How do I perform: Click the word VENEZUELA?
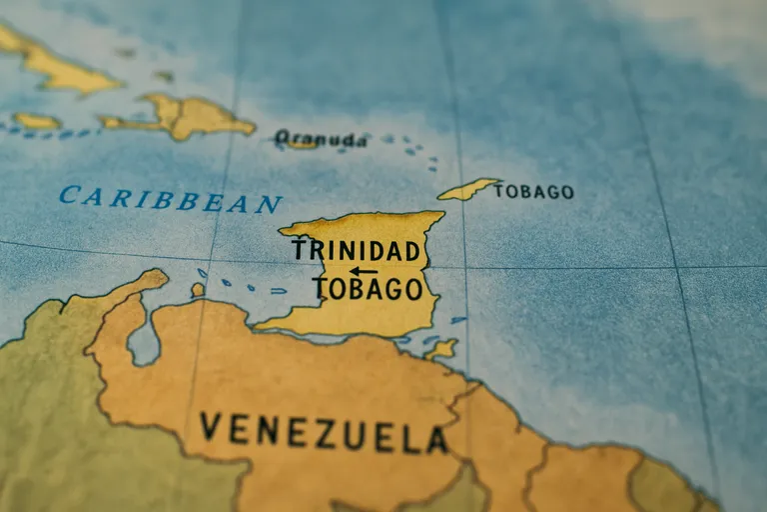pyautogui.click(x=323, y=432)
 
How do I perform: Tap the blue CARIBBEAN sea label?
pyautogui.click(x=170, y=199)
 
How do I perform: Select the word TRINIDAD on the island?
pyautogui.click(x=356, y=250)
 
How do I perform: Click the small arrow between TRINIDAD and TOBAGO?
pyautogui.click(x=363, y=270)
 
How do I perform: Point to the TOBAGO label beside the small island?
pyautogui.click(x=534, y=191)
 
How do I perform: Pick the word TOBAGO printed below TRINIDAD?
pyautogui.click(x=368, y=289)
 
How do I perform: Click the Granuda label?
pyautogui.click(x=322, y=139)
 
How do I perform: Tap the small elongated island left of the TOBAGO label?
pyautogui.click(x=467, y=189)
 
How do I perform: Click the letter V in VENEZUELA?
pyautogui.click(x=210, y=427)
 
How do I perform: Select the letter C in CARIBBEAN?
pyautogui.click(x=68, y=194)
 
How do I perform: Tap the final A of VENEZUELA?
pyautogui.click(x=436, y=440)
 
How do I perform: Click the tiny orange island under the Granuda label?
pyautogui.click(x=302, y=145)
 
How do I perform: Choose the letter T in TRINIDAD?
pyautogui.click(x=299, y=249)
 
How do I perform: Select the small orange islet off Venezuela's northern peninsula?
pyautogui.click(x=198, y=289)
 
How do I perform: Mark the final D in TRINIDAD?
pyautogui.click(x=410, y=251)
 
